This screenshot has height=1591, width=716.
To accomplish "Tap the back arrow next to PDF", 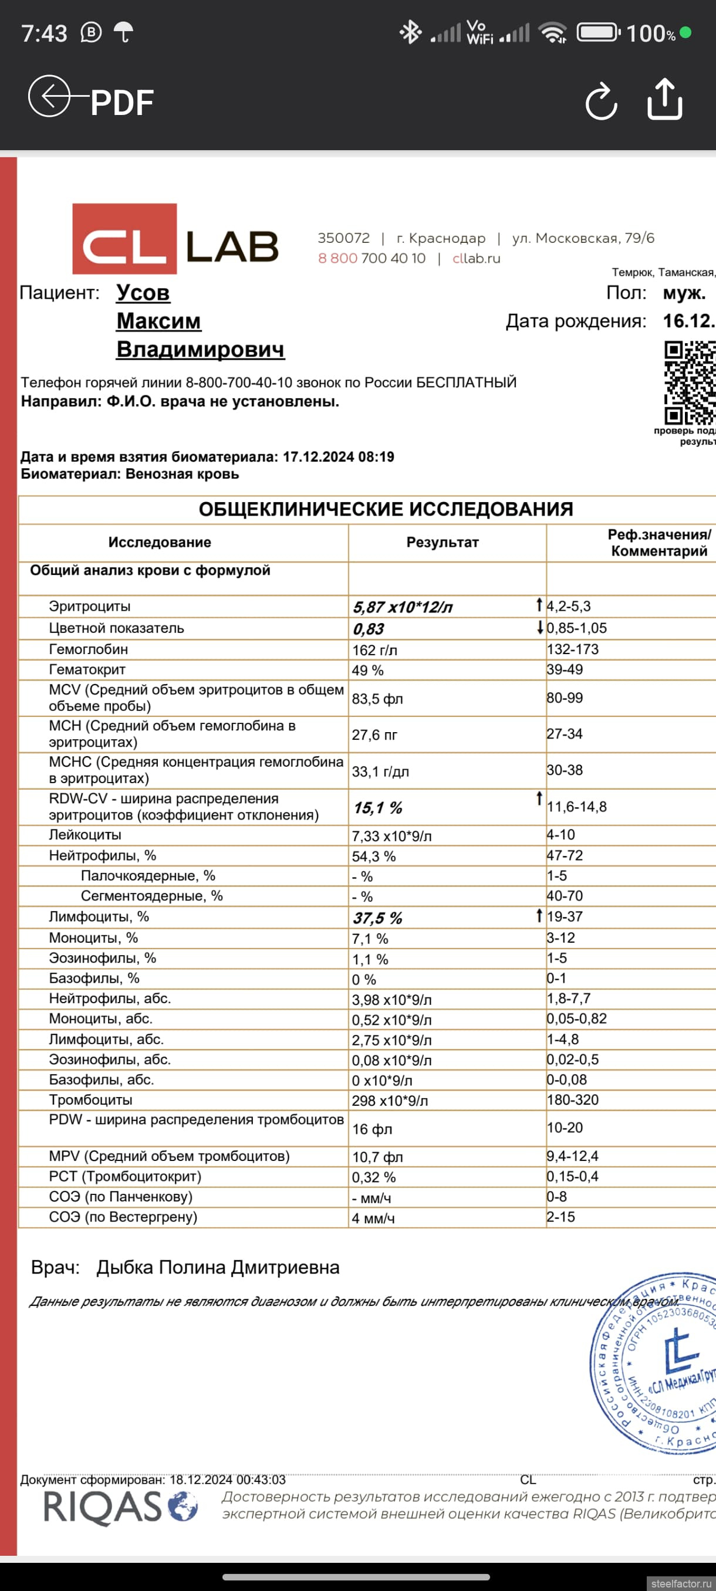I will click(49, 96).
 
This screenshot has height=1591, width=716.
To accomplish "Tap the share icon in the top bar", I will click(665, 99).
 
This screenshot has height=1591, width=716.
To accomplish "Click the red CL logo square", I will click(125, 239).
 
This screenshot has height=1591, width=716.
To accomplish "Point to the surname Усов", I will click(143, 292).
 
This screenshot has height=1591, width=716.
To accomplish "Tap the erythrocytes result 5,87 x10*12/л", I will click(403, 607).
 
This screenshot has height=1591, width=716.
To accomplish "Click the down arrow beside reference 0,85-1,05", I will click(540, 628).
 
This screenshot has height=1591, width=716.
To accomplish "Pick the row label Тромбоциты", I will click(90, 1099).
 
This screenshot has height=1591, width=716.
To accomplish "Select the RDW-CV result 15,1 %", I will click(377, 807).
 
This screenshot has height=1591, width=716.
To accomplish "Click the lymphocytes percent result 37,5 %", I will click(377, 918).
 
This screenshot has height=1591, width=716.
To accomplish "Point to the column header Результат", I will click(443, 542).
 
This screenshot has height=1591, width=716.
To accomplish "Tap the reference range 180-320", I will click(573, 1099).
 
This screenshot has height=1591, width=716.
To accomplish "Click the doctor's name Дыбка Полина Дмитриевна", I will click(218, 1267).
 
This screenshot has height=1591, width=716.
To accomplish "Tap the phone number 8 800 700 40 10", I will click(371, 258).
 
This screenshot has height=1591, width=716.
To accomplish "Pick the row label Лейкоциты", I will click(85, 834).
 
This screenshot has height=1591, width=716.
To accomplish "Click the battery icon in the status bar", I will click(598, 33).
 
